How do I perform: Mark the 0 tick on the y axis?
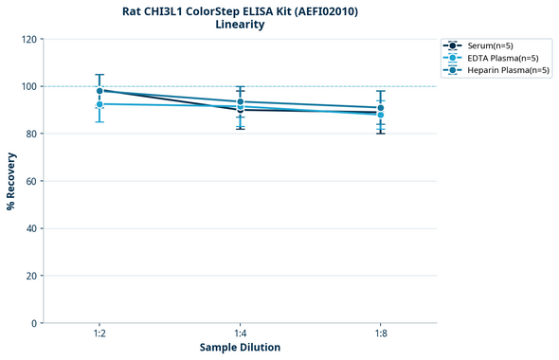point(33,323)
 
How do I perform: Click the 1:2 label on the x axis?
point(99,334)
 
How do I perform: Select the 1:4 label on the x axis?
point(240,334)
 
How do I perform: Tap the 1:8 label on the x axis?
point(380,334)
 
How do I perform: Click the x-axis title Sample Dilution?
point(240,348)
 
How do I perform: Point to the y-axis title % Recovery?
point(11,181)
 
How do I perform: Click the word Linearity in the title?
point(240,25)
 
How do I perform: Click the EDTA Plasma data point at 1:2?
point(99,104)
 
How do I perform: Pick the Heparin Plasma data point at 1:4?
point(240,101)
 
